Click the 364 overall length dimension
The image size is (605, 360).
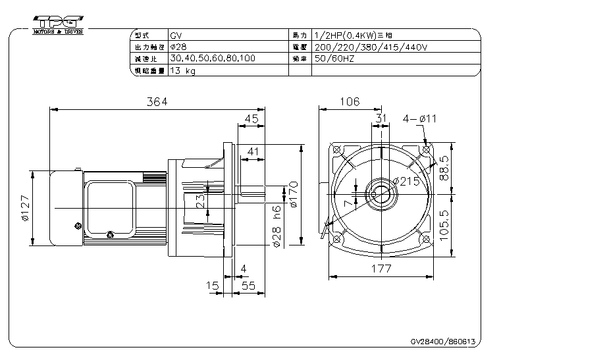click(157, 101)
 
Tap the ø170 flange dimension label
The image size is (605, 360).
click(294, 195)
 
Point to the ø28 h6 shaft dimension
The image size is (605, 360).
click(277, 226)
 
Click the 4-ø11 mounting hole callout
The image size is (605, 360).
click(419, 118)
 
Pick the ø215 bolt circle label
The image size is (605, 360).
click(406, 182)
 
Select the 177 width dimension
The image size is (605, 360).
click(381, 269)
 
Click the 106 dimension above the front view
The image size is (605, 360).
click(349, 101)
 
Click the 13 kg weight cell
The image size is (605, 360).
click(182, 70)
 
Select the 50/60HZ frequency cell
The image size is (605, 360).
click(336, 59)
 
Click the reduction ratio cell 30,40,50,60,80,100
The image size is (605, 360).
click(212, 59)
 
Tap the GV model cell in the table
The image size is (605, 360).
click(176, 35)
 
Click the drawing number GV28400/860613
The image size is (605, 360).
click(442, 342)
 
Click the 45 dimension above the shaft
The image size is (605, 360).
click(251, 118)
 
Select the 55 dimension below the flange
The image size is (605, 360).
click(248, 286)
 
